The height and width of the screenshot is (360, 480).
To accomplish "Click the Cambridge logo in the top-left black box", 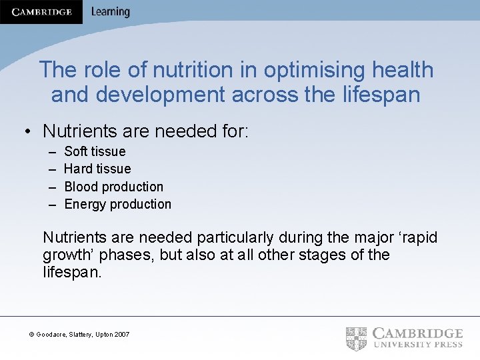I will [x=41, y=11].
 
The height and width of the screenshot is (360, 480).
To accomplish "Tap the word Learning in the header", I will [x=110, y=11].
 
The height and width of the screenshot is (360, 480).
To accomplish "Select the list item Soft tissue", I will [x=95, y=151].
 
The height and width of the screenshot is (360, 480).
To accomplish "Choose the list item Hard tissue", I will [x=97, y=169].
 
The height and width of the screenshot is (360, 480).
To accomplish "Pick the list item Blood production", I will [x=113, y=187].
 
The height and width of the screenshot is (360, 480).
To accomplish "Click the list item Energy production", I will [x=117, y=204].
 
